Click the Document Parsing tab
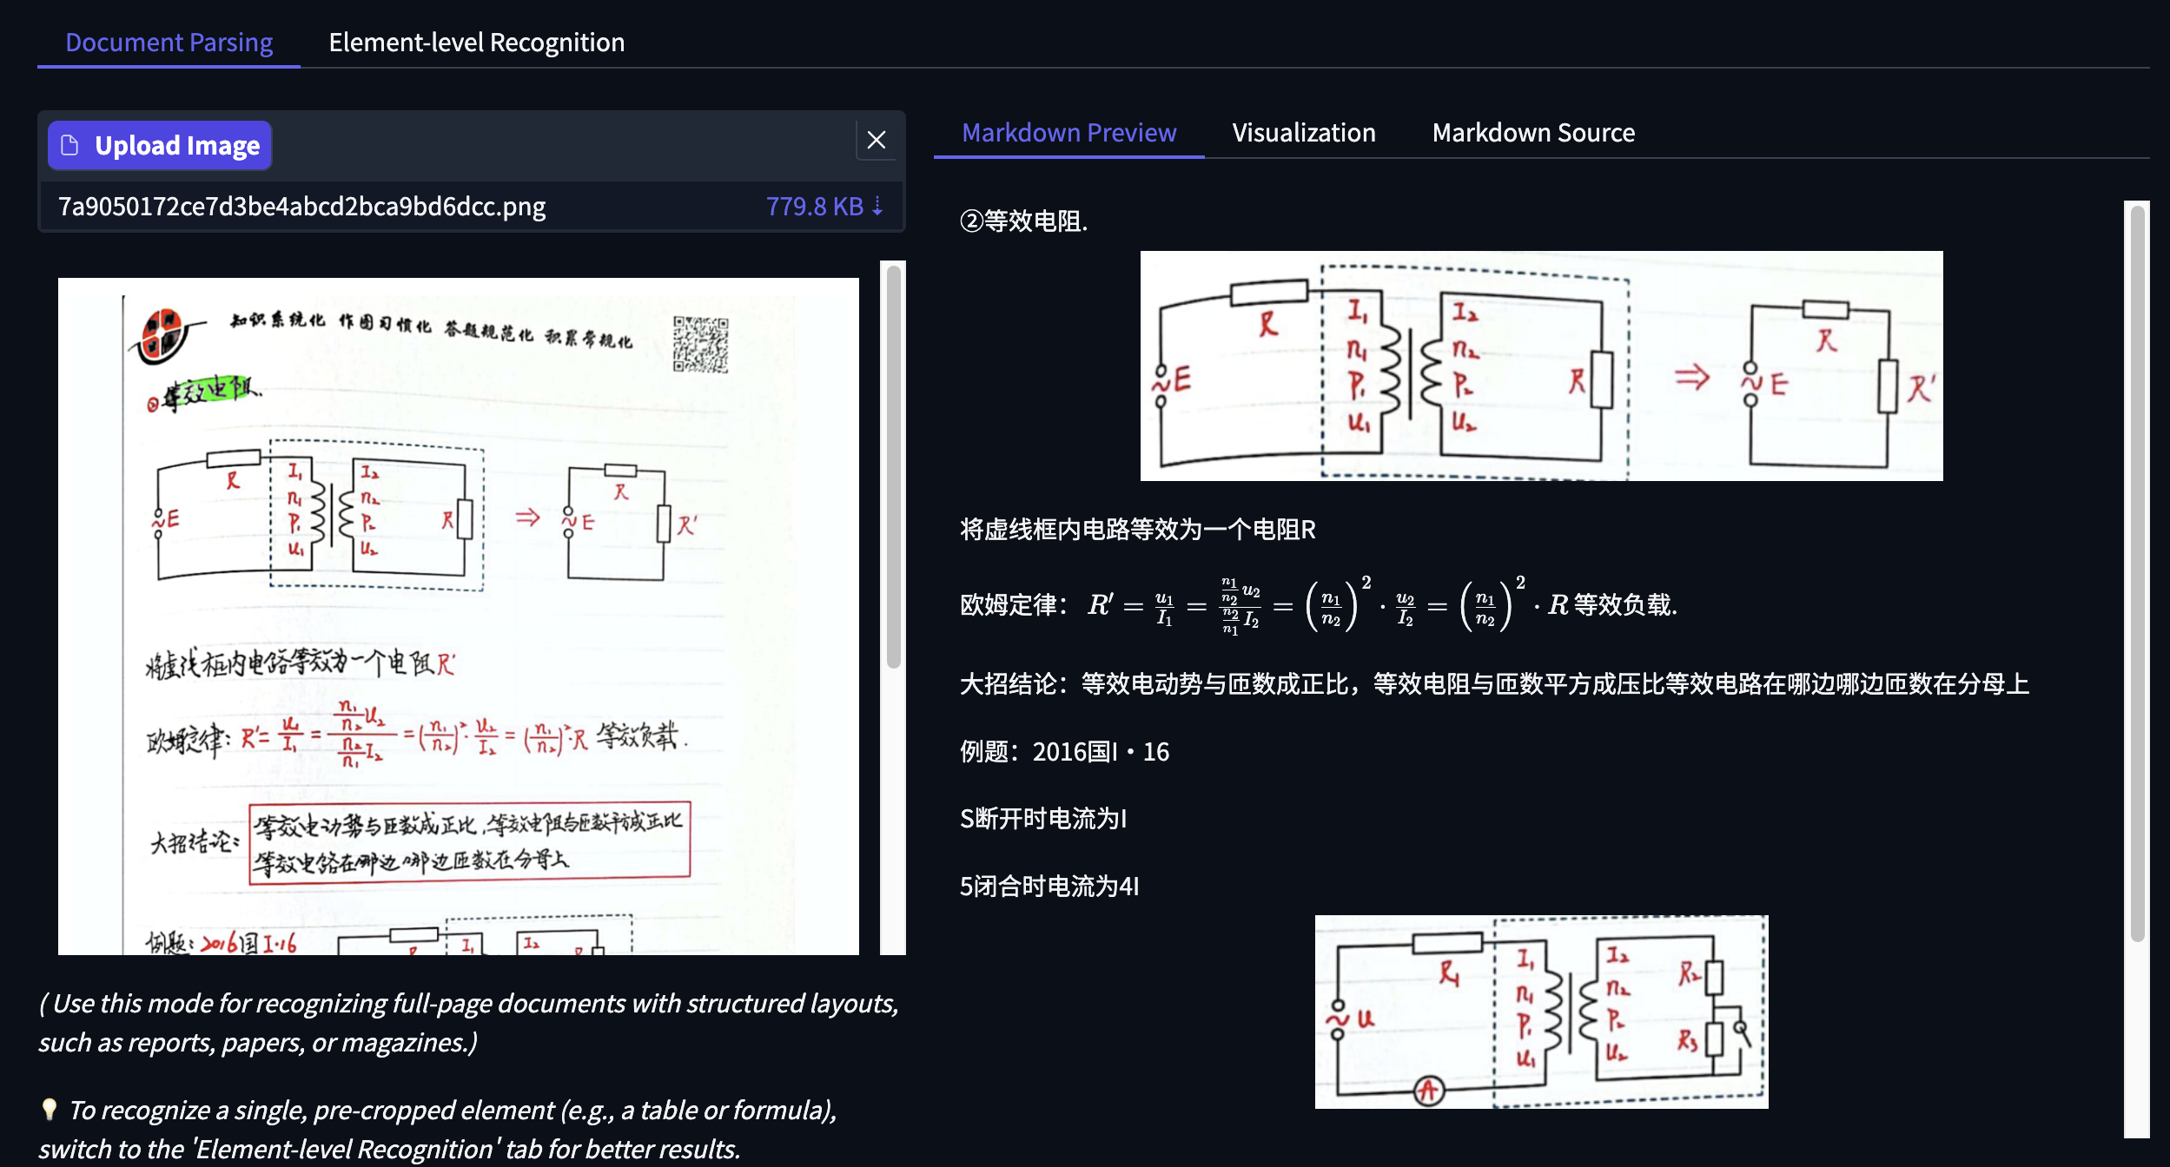coord(169,43)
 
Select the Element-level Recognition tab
coord(476,43)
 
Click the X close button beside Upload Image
coord(876,140)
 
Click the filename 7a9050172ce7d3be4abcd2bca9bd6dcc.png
coord(301,207)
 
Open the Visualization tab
coord(1303,133)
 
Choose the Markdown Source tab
coord(1532,133)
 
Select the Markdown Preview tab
coord(1068,133)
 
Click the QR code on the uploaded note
coord(700,344)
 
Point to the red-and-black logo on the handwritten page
coord(164,335)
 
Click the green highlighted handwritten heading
coord(208,392)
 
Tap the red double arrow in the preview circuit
coord(1691,378)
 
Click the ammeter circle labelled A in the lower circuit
coord(1429,1090)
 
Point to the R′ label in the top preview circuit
coord(1921,388)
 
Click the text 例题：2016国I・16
coord(1064,752)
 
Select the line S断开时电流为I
coord(1042,819)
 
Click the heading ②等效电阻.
coord(1023,221)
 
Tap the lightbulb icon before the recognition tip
coord(50,1109)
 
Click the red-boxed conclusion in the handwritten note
coord(469,842)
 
